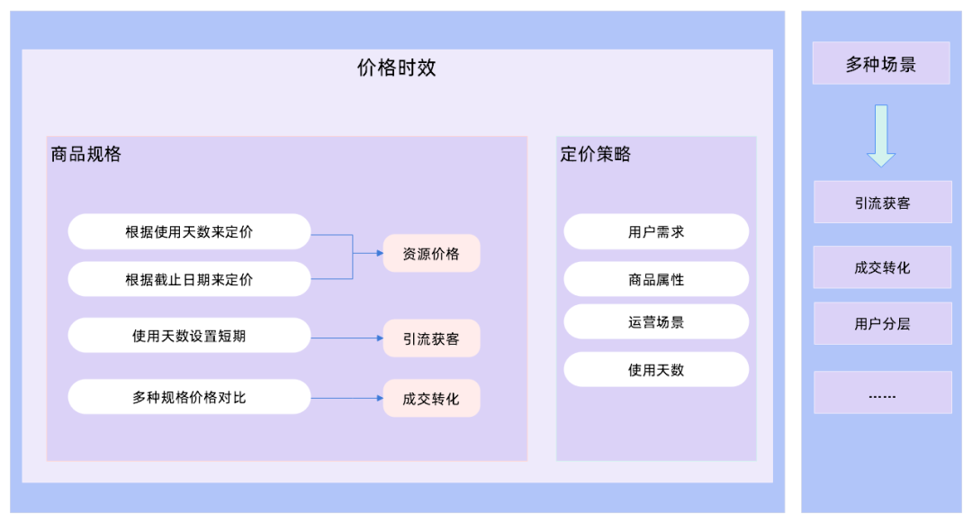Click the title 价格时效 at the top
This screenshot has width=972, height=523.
[x=396, y=68]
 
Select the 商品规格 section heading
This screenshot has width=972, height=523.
[x=86, y=154]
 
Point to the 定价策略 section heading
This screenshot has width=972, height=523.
[x=595, y=154]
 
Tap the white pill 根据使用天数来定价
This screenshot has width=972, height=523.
[x=189, y=231]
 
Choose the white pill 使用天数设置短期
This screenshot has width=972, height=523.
[x=189, y=336]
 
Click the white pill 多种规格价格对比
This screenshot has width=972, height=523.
[x=189, y=397]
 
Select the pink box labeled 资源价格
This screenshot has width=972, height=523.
[x=431, y=254]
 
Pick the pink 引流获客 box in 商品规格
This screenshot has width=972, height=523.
[x=431, y=338]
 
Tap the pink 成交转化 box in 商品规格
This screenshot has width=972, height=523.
[x=431, y=398]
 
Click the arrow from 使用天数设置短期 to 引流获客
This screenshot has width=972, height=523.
[x=346, y=338]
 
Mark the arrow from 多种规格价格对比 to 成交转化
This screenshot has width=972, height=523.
[x=346, y=398]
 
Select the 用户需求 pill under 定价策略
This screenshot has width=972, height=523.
[x=656, y=231]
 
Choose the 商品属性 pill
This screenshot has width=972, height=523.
[x=656, y=280]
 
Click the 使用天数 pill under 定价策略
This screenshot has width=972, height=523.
[x=656, y=370]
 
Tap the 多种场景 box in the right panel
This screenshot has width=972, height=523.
[x=880, y=64]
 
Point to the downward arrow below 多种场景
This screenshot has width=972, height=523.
[x=881, y=135]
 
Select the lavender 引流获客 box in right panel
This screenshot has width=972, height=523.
[x=882, y=203]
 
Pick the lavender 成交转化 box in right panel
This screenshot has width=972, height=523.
[x=882, y=267]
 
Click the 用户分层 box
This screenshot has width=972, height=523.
[x=882, y=323]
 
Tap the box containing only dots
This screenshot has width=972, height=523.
[x=882, y=393]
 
